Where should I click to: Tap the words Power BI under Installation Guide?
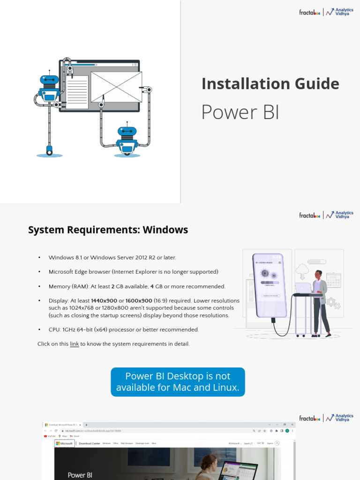(x=240, y=112)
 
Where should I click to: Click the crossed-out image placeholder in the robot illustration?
(x=116, y=87)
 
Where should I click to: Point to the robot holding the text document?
(x=49, y=89)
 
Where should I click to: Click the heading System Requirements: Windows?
(x=108, y=230)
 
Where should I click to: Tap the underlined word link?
(x=74, y=344)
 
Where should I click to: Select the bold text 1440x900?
(x=104, y=300)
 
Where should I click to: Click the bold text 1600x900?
(x=139, y=300)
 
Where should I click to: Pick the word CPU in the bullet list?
(x=54, y=330)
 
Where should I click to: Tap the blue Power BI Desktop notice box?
(x=178, y=382)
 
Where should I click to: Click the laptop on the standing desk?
(x=303, y=288)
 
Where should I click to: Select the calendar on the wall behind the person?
(x=333, y=280)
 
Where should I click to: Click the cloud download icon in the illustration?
(x=302, y=270)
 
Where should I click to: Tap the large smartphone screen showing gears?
(x=269, y=285)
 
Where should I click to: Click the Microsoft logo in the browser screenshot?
(x=64, y=443)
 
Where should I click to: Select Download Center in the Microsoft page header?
(x=89, y=443)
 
